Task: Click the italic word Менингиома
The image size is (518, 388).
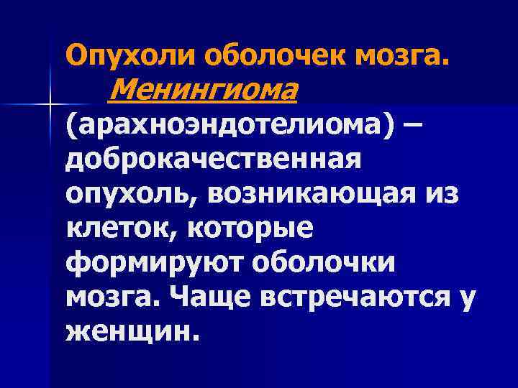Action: (205, 90)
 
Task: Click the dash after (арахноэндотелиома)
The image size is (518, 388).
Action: (413, 125)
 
